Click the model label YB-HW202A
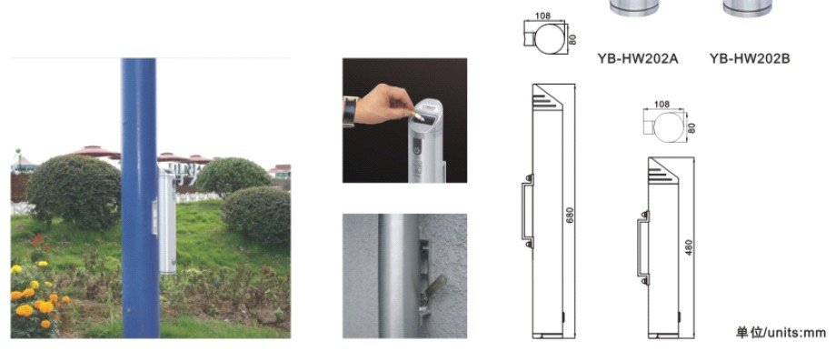tap(637, 59)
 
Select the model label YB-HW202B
tap(749, 59)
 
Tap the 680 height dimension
tap(570, 215)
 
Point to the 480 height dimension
tap(689, 247)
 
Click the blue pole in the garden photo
tap(140, 198)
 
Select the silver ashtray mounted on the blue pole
tap(165, 220)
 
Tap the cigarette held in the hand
tap(416, 115)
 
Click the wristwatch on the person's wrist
tap(349, 112)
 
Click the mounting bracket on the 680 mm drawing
tap(526, 211)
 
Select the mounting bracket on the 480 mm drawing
tap(642, 248)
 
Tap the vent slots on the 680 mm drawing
tap(543, 100)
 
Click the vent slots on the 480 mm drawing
tap(660, 174)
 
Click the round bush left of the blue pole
tap(74, 191)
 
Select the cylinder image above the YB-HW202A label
tap(634, 7)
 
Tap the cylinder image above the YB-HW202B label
tap(748, 7)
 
